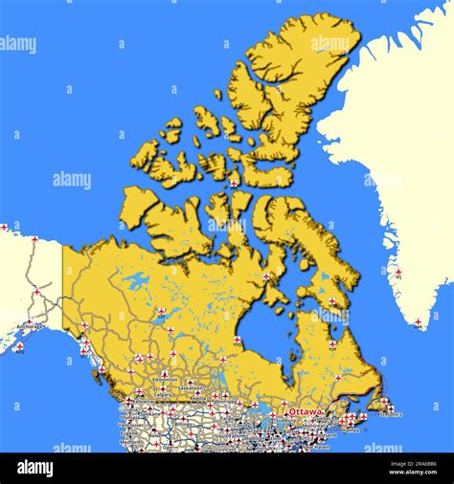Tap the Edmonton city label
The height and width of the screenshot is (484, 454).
(165, 380)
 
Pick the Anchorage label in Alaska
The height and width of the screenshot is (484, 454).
(29, 326)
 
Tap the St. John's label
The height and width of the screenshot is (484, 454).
(391, 414)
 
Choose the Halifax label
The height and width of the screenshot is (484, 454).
(351, 429)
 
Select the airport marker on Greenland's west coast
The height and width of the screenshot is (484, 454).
(398, 272)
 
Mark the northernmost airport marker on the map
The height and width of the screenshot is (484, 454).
(234, 182)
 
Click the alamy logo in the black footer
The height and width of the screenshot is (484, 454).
(35, 468)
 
